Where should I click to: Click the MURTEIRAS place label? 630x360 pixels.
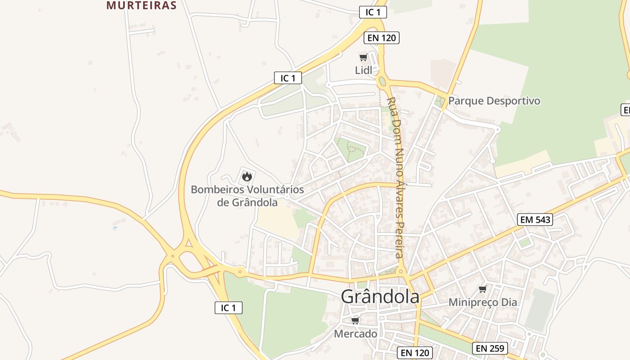click(141, 5)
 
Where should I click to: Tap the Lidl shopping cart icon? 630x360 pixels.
click(363, 57)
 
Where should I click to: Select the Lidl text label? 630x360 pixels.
click(364, 70)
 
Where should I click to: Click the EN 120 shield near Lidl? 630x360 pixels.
click(382, 38)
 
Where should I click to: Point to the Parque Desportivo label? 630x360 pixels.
click(494, 101)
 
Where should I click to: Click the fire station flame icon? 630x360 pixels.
click(247, 176)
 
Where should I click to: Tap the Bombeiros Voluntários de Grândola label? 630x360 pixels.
click(247, 196)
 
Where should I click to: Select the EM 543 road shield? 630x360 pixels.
click(535, 220)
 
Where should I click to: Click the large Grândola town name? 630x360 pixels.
click(380, 297)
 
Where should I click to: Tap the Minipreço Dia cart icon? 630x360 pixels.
click(483, 289)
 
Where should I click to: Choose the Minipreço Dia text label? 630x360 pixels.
click(483, 302)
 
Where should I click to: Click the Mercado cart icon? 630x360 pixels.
click(355, 320)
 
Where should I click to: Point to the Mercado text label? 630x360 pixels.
click(355, 334)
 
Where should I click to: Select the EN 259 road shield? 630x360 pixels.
click(490, 348)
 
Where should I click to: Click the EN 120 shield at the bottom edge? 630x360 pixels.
click(415, 353)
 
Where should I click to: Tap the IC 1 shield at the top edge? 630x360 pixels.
click(373, 12)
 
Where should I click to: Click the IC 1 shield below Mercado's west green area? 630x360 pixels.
click(229, 308)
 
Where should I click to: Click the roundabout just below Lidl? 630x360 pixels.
click(382, 82)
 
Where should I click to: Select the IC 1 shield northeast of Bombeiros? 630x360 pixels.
click(288, 78)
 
